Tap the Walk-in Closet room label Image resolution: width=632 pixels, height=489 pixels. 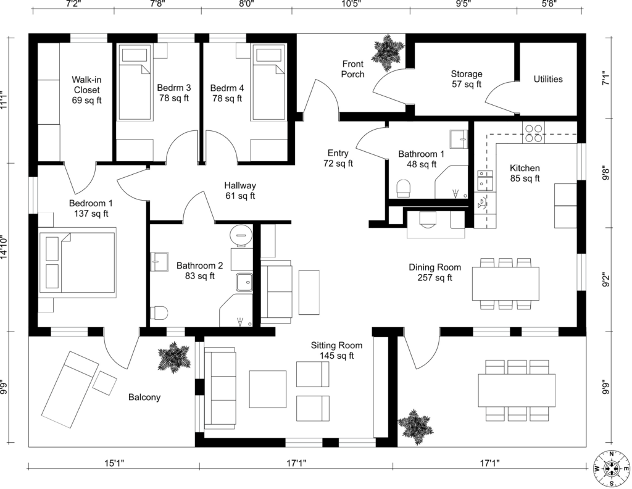86,90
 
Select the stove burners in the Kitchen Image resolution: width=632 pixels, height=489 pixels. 533,134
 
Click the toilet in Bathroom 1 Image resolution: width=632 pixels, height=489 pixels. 404,188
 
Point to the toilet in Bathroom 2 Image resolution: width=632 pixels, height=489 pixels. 159,313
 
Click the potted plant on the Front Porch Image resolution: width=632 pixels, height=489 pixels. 388,52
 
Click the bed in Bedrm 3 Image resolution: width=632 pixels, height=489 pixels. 135,83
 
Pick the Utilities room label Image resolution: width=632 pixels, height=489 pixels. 548,79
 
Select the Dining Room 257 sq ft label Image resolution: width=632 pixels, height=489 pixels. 434,272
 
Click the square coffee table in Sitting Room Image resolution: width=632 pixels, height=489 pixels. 267,390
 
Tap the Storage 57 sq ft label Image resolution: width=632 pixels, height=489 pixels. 466,79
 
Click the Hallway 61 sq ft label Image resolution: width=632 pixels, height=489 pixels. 240,191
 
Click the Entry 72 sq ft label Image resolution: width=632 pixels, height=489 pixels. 338,159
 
